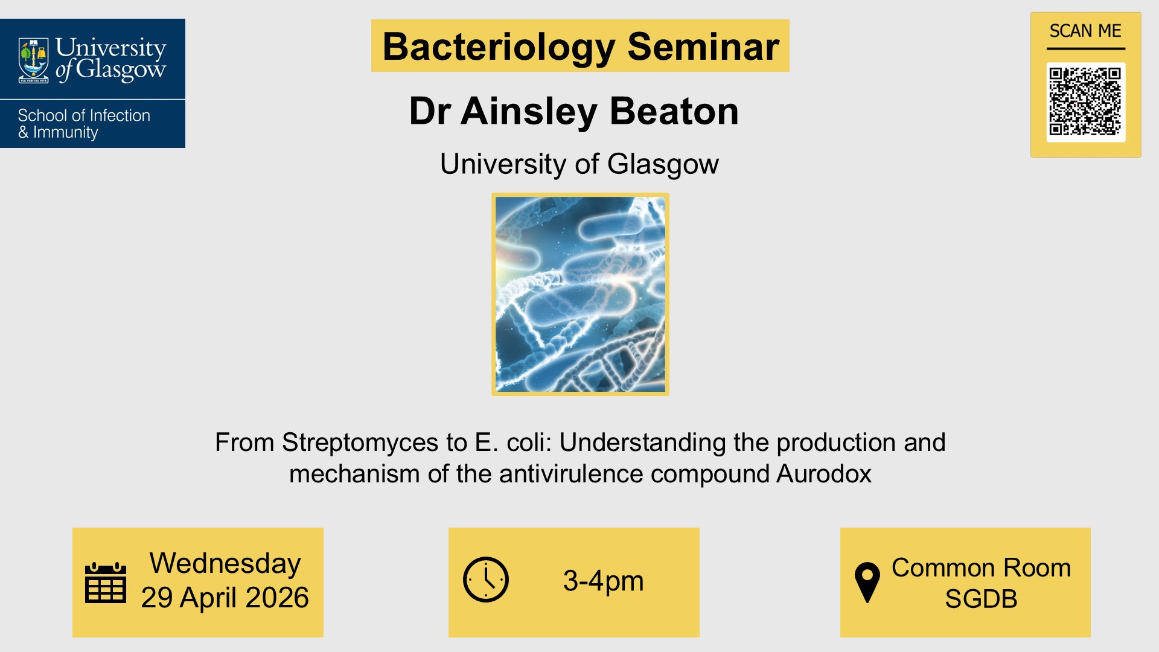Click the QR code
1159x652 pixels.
pos(1085,101)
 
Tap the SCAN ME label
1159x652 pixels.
pos(1085,31)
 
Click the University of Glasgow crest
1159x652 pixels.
pos(34,59)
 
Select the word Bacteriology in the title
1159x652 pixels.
pos(499,46)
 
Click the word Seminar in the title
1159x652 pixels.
pos(703,46)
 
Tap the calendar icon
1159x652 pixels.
pos(106,583)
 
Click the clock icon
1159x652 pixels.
pos(486,580)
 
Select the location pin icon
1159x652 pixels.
pos(867,582)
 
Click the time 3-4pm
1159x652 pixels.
pos(603,581)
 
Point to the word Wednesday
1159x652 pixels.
pos(225,563)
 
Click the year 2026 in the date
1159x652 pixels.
pos(277,598)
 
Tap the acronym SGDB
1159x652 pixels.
pos(981,599)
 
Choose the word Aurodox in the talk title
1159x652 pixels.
pos(824,474)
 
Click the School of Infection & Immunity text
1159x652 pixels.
pos(84,124)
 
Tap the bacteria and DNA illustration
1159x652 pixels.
pos(580,294)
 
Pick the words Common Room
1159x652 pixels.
pos(981,567)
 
